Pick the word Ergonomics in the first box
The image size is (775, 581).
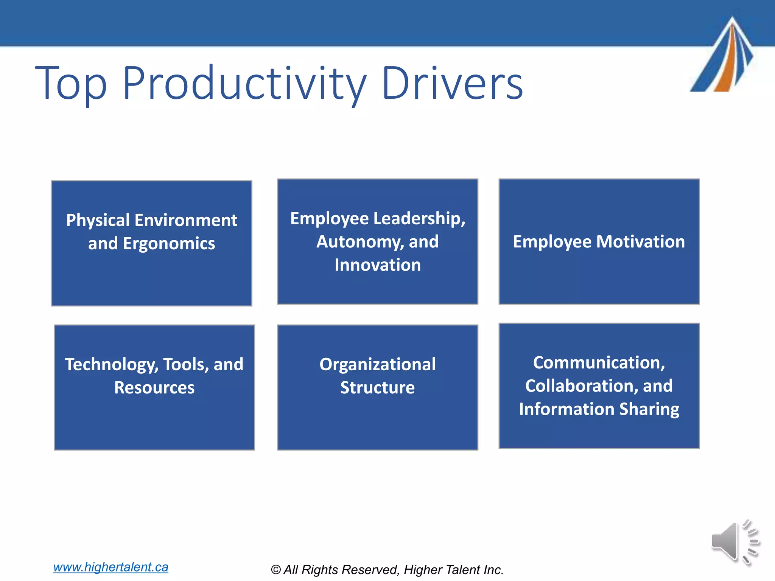pyautogui.click(x=169, y=244)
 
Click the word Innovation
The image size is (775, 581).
pyautogui.click(x=378, y=265)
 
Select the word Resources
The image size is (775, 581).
pyautogui.click(x=154, y=388)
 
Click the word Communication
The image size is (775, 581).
pyautogui.click(x=599, y=363)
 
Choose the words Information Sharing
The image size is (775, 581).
pyautogui.click(x=599, y=409)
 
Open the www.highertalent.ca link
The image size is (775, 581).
pyautogui.click(x=110, y=567)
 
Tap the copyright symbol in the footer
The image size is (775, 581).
pyautogui.click(x=276, y=570)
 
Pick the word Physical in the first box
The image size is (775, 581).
pyautogui.click(x=98, y=221)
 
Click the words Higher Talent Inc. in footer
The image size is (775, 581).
pyautogui.click(x=453, y=570)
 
